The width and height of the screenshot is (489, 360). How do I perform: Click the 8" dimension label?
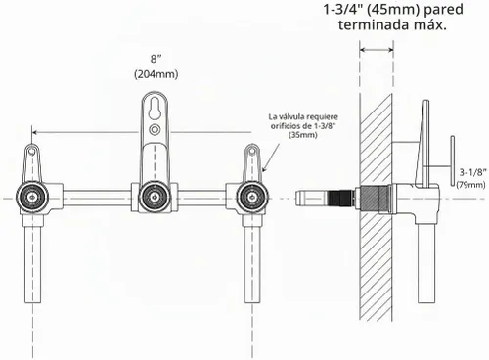point(156,59)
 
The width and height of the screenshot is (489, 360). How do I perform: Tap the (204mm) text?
point(156,74)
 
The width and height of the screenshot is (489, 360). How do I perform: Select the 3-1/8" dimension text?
point(473,172)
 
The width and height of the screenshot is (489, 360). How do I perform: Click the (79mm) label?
point(470,185)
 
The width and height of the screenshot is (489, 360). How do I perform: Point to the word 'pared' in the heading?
point(443,10)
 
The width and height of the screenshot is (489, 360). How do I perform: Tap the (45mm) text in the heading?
point(393,10)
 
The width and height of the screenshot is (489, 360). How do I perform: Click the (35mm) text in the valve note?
point(303,135)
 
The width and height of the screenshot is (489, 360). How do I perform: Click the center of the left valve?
point(32,197)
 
